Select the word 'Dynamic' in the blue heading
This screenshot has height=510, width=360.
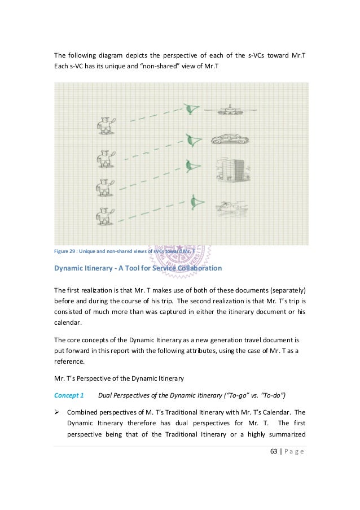[x=70, y=267]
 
